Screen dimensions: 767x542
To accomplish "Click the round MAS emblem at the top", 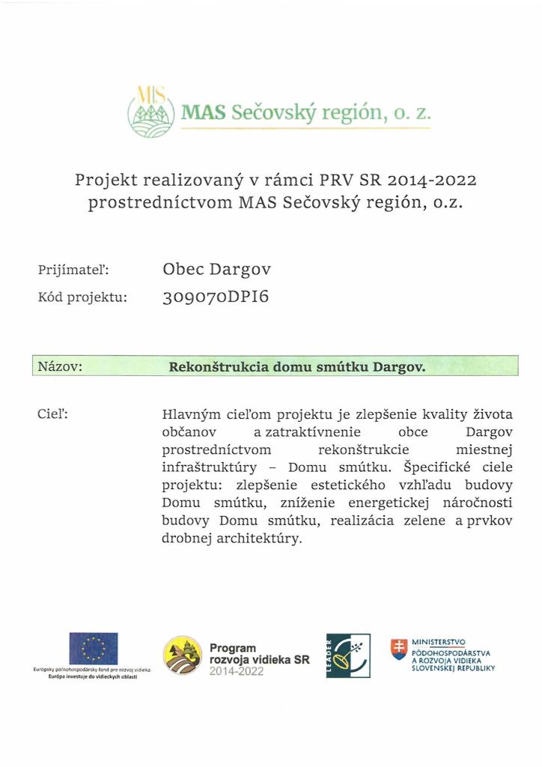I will coord(152,112).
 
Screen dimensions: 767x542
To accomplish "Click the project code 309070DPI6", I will coord(215,297).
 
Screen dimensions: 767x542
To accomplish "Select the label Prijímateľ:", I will coord(73,269).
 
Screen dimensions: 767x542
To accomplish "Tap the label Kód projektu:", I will coord(82,297).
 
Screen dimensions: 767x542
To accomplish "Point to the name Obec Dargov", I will coord(217,269).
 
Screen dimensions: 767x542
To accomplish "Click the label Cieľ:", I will coord(52,413).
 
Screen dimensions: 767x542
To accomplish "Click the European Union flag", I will coord(94,648).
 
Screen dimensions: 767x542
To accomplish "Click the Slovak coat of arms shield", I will coord(400,649).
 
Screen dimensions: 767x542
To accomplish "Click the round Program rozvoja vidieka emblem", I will coord(183,655).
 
